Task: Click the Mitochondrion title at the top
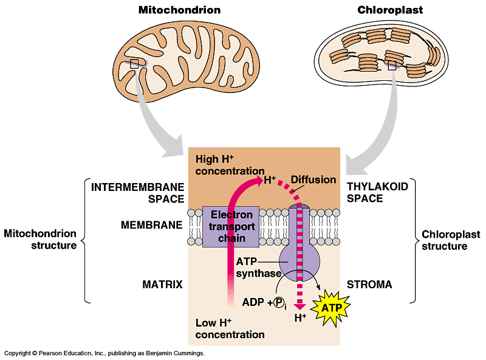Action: coord(179,10)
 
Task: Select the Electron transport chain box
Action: coord(231,226)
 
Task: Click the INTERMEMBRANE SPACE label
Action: coord(137,192)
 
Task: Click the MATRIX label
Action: coord(162,284)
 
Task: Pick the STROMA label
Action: coord(369,284)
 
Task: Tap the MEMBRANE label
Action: coord(151,225)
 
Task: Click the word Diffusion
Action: coord(313,179)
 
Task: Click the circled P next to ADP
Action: coord(279,303)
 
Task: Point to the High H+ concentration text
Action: coord(229,165)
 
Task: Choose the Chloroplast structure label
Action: coord(450,240)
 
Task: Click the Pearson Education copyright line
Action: coord(104,353)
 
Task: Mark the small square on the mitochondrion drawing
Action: coord(134,63)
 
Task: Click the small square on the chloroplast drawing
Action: coord(392,65)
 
